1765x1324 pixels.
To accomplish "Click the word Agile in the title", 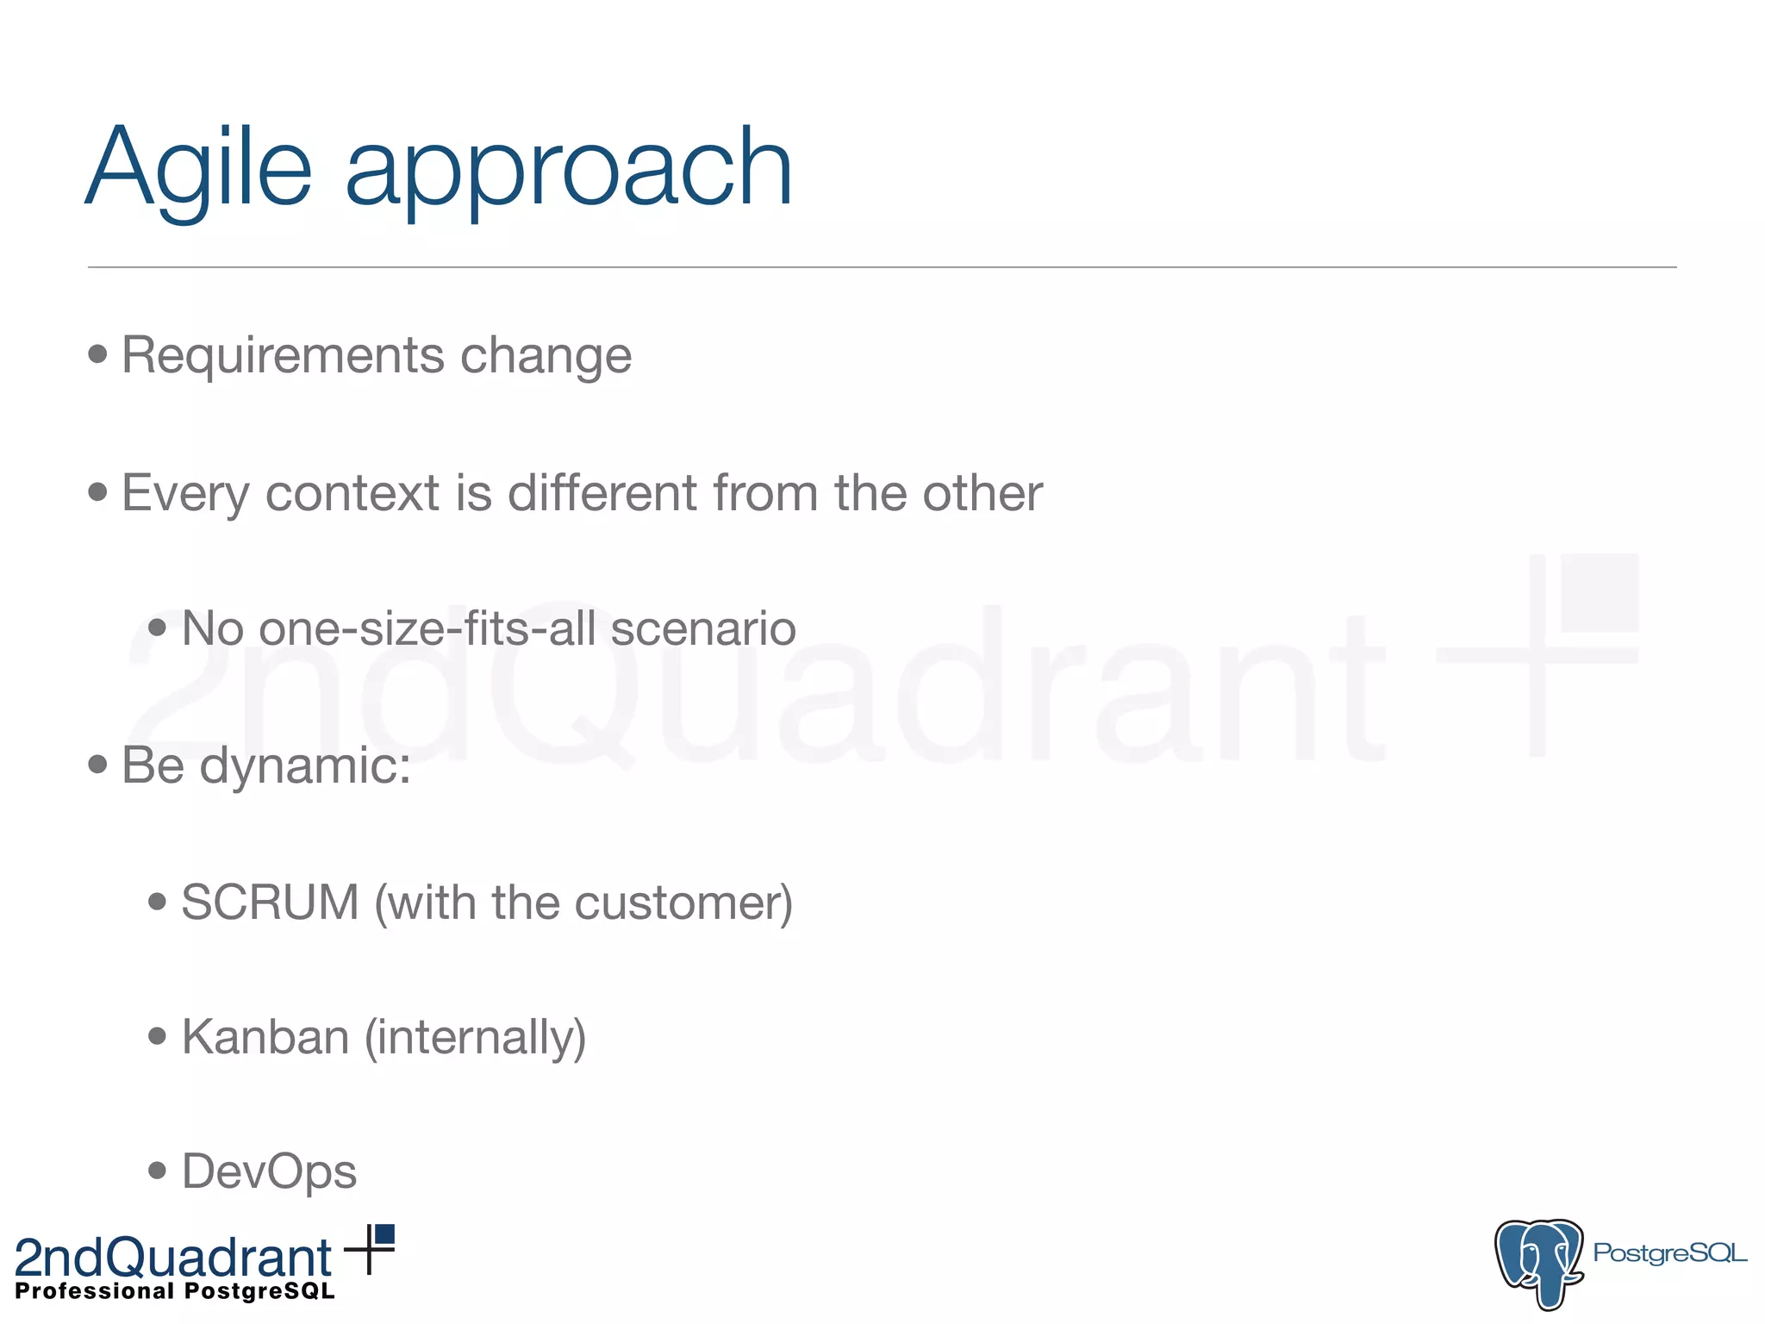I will click(x=198, y=168).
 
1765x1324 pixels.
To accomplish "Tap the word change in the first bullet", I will click(x=546, y=357).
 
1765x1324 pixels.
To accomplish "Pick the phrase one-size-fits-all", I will click(x=427, y=628).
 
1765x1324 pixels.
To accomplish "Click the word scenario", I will click(x=703, y=628).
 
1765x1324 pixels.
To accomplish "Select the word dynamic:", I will click(x=305, y=766).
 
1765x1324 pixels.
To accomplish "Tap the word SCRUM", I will click(x=270, y=902).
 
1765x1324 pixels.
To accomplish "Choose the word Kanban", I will click(x=265, y=1037).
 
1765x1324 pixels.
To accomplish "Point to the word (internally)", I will click(x=475, y=1039).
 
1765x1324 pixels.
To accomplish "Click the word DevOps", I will click(x=269, y=1171).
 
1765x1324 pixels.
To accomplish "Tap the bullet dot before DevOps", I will click(x=157, y=1171).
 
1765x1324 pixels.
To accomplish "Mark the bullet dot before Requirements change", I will click(x=97, y=353).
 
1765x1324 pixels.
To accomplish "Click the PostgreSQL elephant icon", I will click(x=1539, y=1263).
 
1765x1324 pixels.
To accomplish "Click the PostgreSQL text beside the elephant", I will click(x=1669, y=1252).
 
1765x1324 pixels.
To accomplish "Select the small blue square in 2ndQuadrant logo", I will click(x=384, y=1234).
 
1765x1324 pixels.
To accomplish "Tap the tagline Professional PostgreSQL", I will click(x=175, y=1291).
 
